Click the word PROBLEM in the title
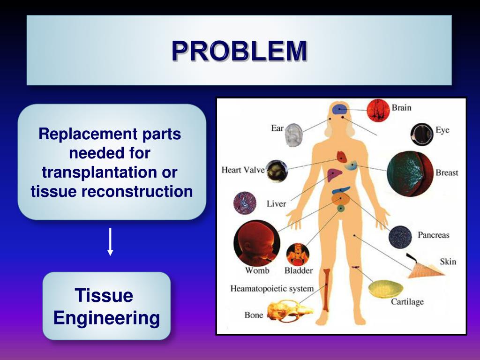pos(239,51)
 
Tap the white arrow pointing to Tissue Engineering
pos(110,241)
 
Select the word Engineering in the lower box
pos(106,318)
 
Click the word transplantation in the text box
pos(110,172)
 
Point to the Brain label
pos(401,108)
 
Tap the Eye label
pos(442,130)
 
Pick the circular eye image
pos(421,134)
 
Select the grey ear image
pos(294,135)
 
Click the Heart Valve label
pos(243,170)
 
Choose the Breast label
pos(447,172)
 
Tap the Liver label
pos(276,204)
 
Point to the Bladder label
pos(298,270)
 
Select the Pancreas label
pos(433,235)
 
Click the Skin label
pos(448,262)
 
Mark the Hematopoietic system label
pos(272,288)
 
